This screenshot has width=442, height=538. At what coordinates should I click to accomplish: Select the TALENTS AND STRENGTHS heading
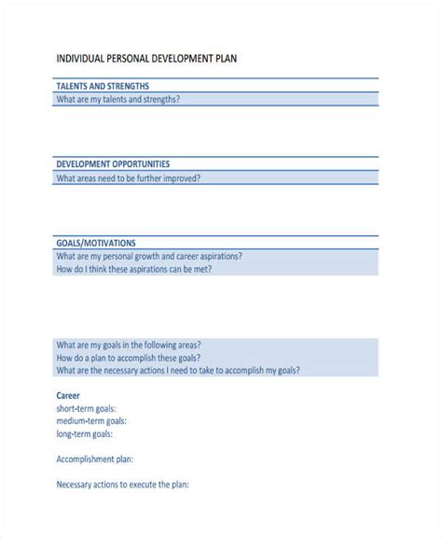(104, 85)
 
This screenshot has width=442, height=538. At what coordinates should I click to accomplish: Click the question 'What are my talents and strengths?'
(118, 99)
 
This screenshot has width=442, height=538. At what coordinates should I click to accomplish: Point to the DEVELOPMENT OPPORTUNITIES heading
(113, 163)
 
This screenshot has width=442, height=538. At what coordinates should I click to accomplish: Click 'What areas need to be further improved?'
(128, 177)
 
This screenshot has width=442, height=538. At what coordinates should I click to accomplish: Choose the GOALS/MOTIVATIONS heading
(96, 242)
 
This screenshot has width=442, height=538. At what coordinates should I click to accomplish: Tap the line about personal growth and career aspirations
(149, 255)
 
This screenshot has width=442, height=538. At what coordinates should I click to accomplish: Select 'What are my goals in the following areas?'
(128, 345)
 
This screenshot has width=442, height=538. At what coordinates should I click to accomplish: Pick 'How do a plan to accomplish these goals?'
(131, 358)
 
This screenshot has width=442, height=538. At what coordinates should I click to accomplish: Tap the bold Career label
(69, 395)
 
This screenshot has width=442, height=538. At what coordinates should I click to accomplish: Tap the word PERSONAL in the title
(131, 58)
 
